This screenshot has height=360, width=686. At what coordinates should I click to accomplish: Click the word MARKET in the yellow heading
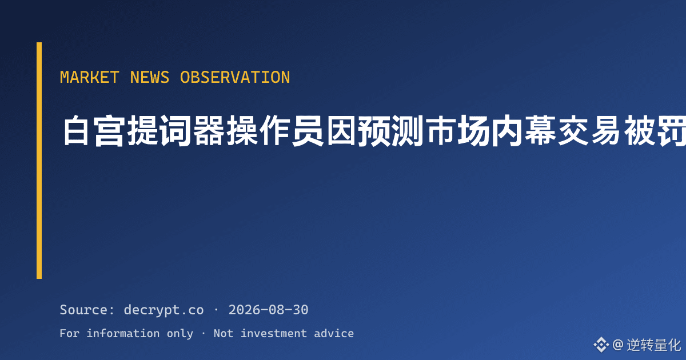(89, 77)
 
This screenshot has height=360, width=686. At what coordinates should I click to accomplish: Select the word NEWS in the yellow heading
(149, 77)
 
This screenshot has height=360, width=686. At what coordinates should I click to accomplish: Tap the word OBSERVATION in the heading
(235, 77)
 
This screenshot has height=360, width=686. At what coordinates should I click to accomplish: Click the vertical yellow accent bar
(39, 161)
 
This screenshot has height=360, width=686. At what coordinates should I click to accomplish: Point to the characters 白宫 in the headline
(93, 131)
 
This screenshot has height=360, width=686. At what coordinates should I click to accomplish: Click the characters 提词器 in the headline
(176, 131)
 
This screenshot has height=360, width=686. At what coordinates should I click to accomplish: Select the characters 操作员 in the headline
(275, 131)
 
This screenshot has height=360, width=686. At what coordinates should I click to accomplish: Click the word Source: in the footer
(87, 310)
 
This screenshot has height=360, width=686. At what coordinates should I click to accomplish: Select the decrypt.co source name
(164, 310)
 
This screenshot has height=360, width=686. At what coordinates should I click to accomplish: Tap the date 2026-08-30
(268, 310)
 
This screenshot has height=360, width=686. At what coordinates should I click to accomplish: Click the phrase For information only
(126, 333)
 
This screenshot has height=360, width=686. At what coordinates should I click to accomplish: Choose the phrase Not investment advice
(284, 333)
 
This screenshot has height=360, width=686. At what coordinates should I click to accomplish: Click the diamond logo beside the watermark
(601, 345)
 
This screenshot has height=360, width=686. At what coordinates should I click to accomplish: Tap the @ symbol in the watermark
(618, 345)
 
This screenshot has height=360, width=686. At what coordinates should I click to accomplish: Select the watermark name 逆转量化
(653, 345)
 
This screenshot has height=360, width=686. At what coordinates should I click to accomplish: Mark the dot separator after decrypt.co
(216, 310)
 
